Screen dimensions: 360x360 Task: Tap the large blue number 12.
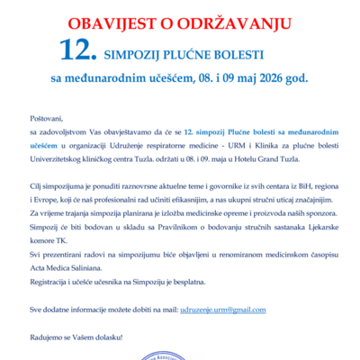(x=77, y=49)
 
